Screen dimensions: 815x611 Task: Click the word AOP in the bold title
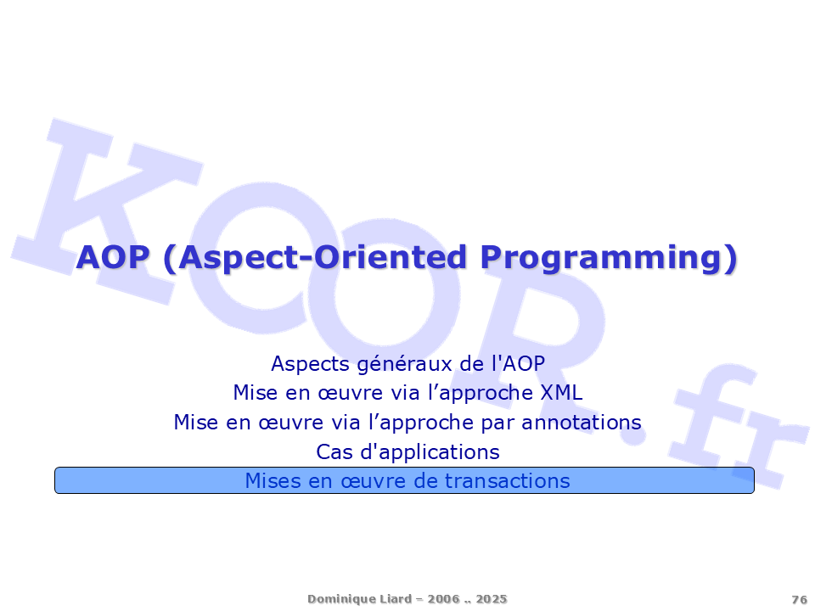pos(113,257)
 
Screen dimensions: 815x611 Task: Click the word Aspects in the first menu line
pos(311,364)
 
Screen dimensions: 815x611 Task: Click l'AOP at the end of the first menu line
pos(518,364)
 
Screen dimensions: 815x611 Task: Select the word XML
pos(561,393)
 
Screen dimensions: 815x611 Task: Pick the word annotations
pos(581,423)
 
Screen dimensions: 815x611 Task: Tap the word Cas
pos(334,452)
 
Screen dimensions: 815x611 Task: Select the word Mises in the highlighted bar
pos(273,481)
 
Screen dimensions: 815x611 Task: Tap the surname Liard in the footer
pos(396,598)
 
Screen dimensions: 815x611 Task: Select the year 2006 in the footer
pos(444,599)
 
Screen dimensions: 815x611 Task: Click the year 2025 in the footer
pos(492,599)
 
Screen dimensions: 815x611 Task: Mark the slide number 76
pos(800,600)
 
